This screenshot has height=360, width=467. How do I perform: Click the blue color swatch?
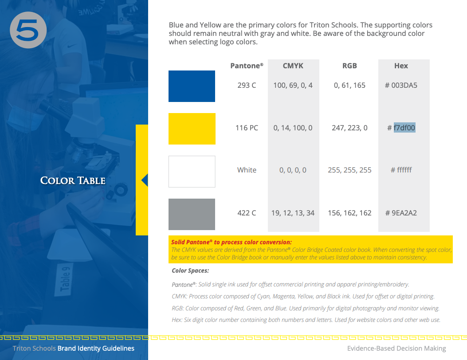(192, 86)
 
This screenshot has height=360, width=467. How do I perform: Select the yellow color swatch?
(192, 129)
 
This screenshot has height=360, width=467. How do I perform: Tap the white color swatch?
(192, 171)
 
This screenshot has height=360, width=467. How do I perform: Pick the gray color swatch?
(192, 214)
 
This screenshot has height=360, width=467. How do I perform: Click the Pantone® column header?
(247, 66)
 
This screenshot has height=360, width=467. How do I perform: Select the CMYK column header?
(293, 66)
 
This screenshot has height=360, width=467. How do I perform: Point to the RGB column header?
(349, 66)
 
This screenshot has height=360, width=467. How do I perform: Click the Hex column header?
(401, 66)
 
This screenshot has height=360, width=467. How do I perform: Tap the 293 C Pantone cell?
(247, 85)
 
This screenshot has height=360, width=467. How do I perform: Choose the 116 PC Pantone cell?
(247, 128)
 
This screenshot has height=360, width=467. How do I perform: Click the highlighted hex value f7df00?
(404, 128)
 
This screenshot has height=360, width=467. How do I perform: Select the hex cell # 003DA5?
(401, 85)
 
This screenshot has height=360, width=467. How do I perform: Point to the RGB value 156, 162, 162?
(349, 213)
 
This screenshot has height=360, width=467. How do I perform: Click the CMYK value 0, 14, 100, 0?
(293, 128)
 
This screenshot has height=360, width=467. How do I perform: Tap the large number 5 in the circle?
(28, 30)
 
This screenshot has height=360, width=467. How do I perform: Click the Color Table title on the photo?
(73, 180)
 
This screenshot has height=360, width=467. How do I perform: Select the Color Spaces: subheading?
(190, 270)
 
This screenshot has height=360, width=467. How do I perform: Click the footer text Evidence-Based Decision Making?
(396, 348)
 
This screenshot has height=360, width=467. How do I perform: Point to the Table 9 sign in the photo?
(65, 279)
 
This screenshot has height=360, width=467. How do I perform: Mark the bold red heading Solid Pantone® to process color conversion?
(231, 242)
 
